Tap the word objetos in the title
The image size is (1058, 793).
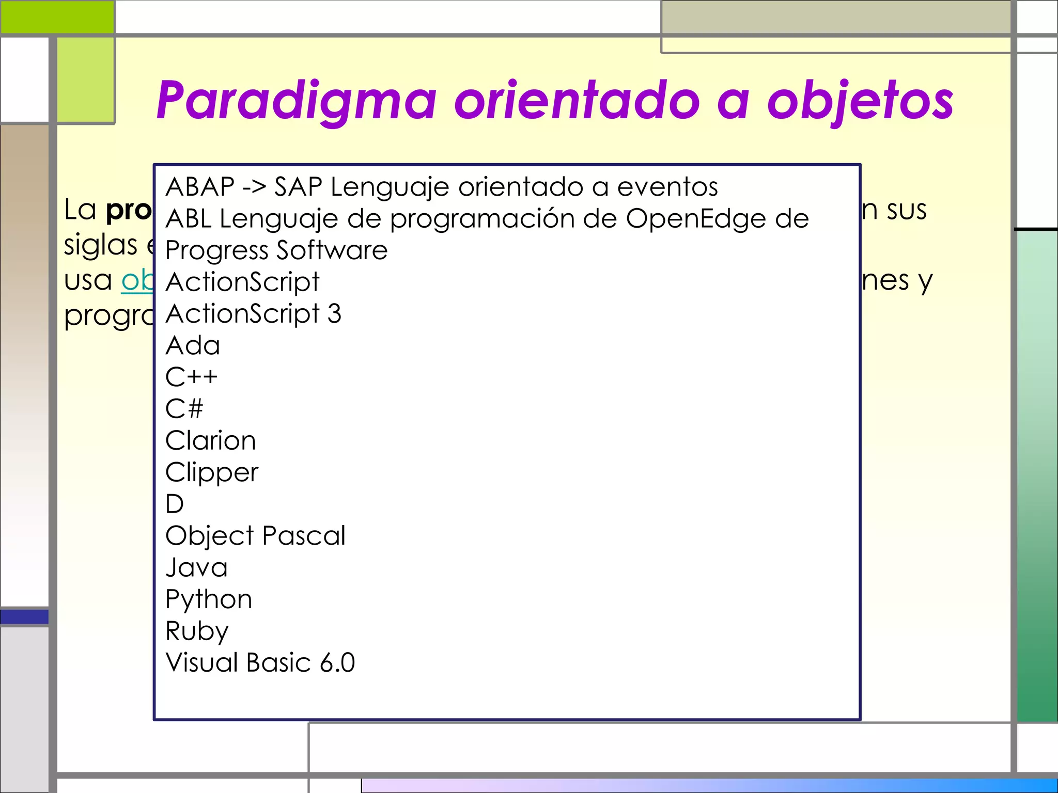click(860, 101)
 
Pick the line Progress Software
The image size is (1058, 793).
click(276, 250)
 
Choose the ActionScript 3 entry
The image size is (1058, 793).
click(253, 314)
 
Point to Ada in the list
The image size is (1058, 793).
click(193, 345)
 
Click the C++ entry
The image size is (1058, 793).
click(191, 377)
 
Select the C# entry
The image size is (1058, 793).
click(184, 409)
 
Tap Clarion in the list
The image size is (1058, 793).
click(210, 441)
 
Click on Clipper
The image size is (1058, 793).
click(212, 472)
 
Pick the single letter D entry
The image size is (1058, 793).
click(175, 504)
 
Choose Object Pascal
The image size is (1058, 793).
click(255, 536)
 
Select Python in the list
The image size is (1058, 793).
click(209, 599)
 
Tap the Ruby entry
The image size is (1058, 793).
click(197, 631)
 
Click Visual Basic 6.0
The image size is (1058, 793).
click(260, 663)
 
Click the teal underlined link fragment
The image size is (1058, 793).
click(137, 281)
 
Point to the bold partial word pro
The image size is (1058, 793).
click(129, 210)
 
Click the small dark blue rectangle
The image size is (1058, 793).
click(24, 616)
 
